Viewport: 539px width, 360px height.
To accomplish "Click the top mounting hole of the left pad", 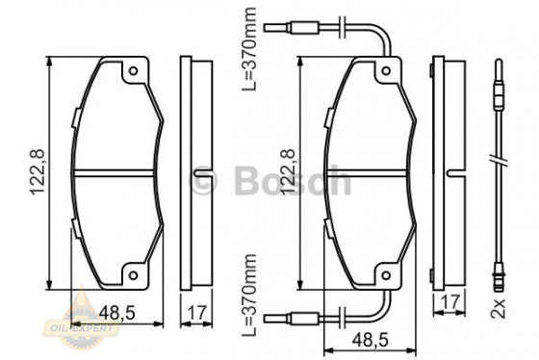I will [134, 72].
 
